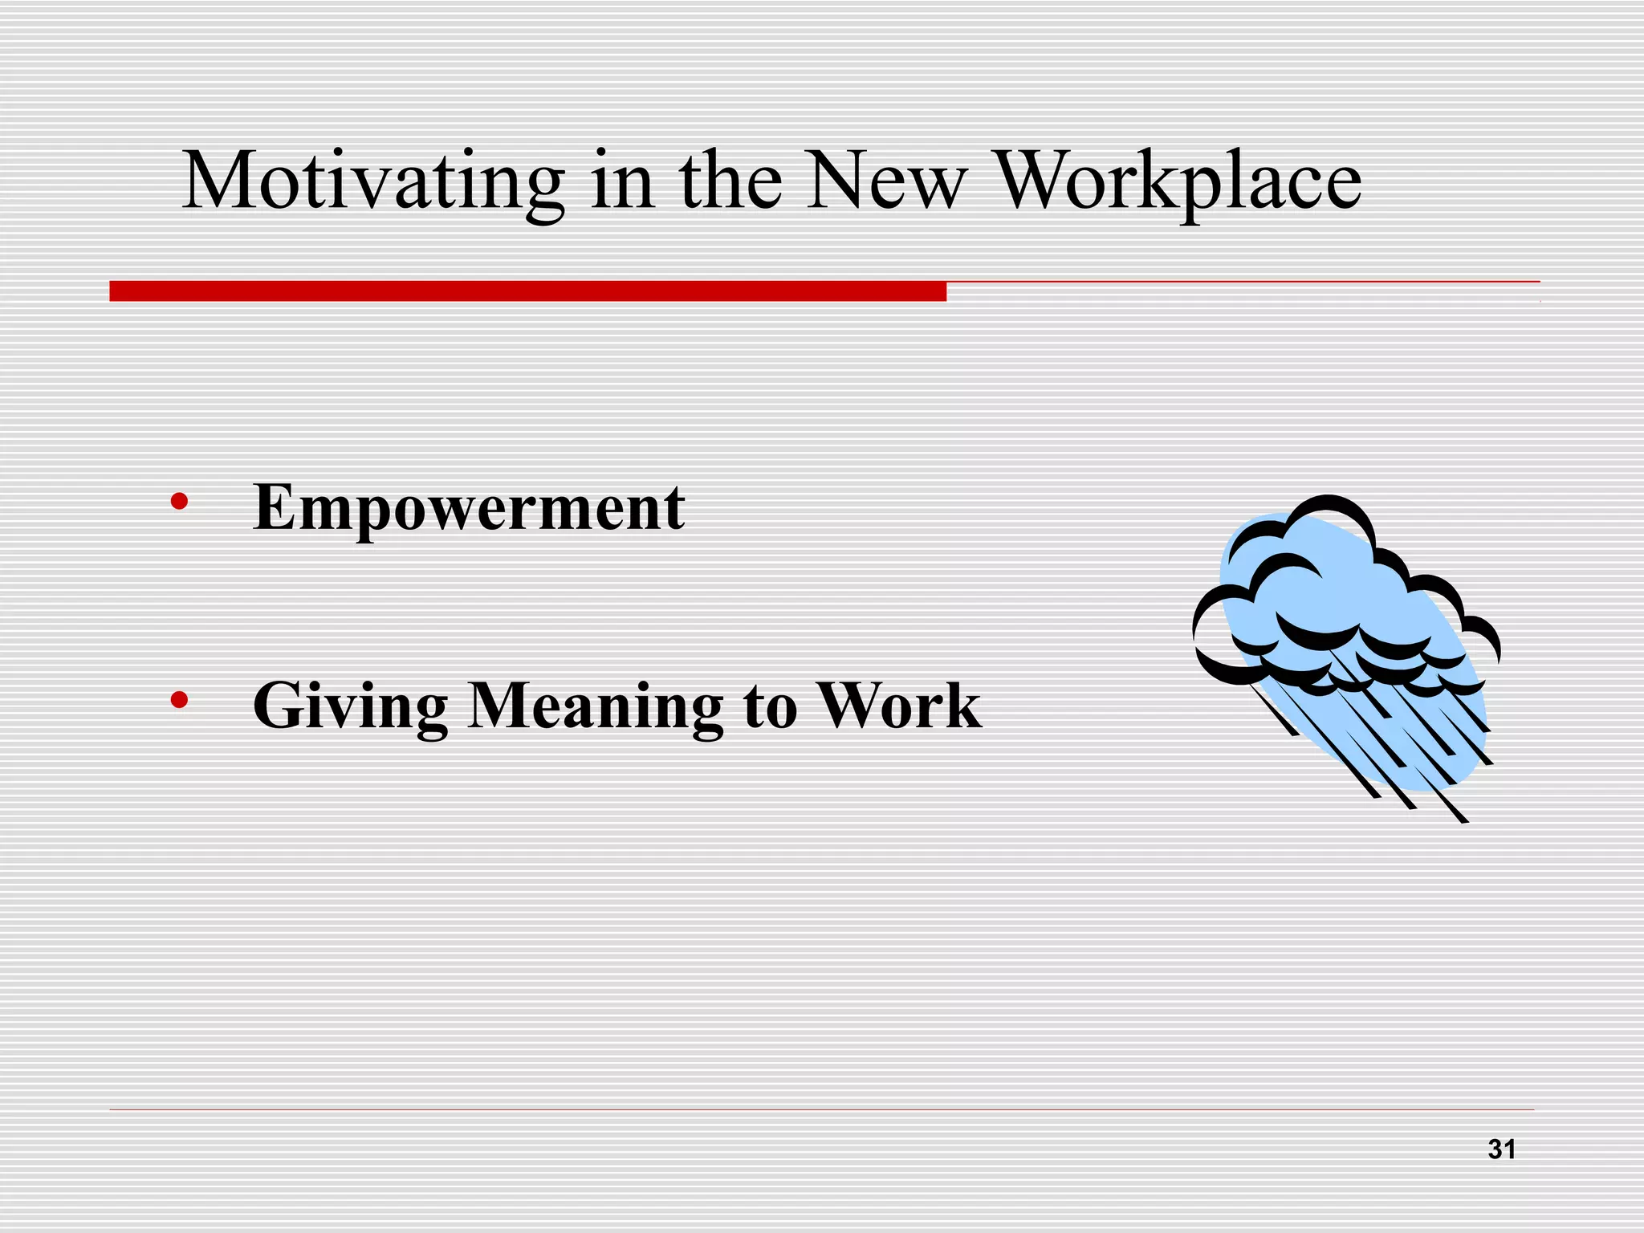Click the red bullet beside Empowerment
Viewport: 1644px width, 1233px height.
click(179, 503)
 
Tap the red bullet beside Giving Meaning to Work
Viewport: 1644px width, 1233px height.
click(179, 701)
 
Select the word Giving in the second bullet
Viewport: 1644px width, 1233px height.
click(350, 706)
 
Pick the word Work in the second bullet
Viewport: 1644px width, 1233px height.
click(899, 706)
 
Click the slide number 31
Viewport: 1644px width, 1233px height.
click(1501, 1150)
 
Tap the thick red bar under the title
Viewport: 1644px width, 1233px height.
click(527, 291)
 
